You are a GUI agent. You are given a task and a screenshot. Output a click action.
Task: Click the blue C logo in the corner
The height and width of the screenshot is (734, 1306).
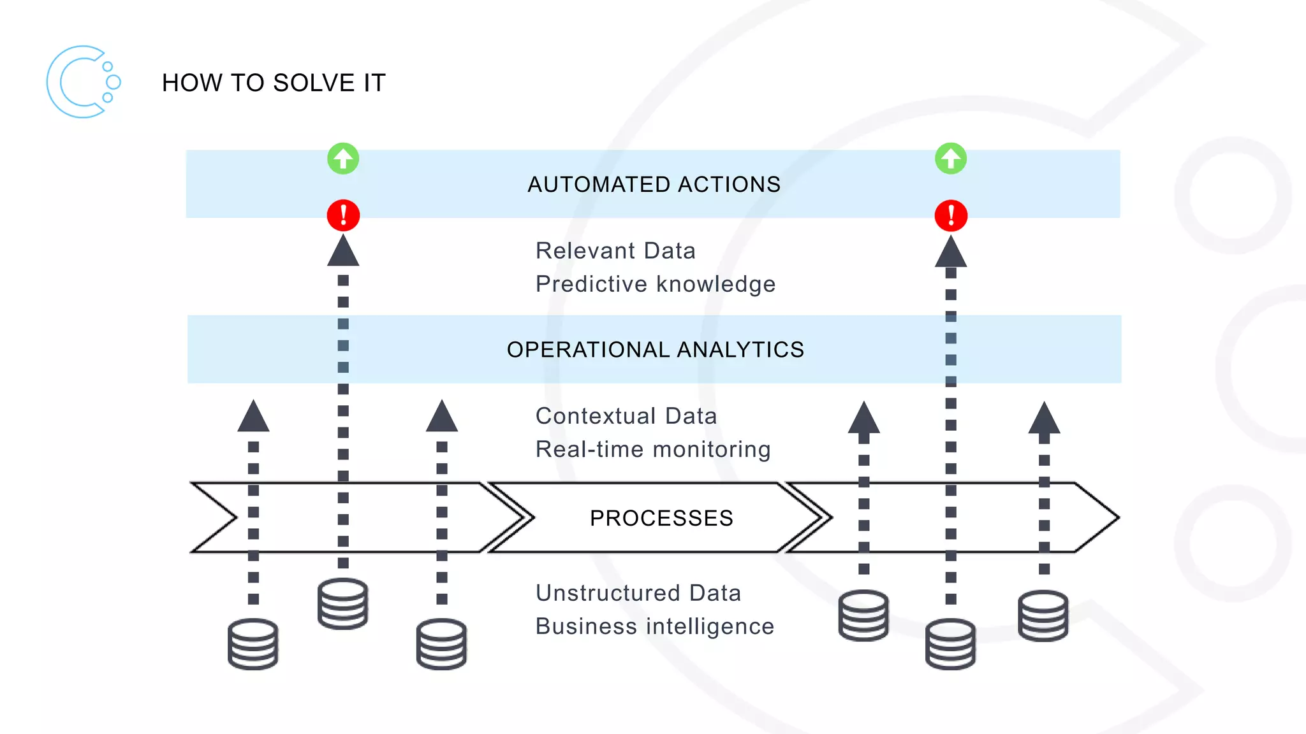(82, 82)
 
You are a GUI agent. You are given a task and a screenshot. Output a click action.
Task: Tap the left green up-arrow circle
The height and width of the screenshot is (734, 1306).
(343, 159)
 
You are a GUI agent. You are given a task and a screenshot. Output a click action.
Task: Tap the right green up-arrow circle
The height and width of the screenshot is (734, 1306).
(951, 159)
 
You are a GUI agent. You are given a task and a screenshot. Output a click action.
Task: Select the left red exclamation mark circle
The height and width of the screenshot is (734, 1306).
(343, 215)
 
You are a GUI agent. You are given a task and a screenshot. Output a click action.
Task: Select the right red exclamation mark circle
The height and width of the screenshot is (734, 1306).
(951, 215)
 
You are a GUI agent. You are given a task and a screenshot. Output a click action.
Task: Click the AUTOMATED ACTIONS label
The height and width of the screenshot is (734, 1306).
(654, 185)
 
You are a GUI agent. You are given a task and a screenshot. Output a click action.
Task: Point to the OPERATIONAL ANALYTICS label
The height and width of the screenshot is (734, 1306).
(655, 350)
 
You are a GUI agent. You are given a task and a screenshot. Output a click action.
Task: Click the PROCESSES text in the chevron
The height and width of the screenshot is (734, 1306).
(661, 518)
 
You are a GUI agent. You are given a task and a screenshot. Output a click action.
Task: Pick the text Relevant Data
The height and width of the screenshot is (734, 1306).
(615, 251)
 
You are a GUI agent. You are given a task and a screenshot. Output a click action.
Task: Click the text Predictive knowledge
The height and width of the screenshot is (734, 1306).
(655, 284)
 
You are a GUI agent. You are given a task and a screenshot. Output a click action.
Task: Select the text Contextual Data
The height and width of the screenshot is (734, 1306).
(626, 416)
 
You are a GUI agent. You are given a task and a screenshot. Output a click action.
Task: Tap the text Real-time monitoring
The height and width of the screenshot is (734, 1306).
(653, 449)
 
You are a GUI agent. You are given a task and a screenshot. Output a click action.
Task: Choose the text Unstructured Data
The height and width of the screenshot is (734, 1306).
(638, 593)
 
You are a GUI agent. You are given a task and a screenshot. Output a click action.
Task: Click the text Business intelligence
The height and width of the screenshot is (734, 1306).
(654, 626)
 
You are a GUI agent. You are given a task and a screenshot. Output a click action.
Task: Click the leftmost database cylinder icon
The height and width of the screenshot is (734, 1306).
(253, 644)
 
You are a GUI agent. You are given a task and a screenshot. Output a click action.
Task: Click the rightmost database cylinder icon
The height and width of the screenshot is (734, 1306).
(1043, 615)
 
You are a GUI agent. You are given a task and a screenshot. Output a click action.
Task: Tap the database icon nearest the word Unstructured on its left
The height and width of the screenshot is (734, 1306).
(441, 644)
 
